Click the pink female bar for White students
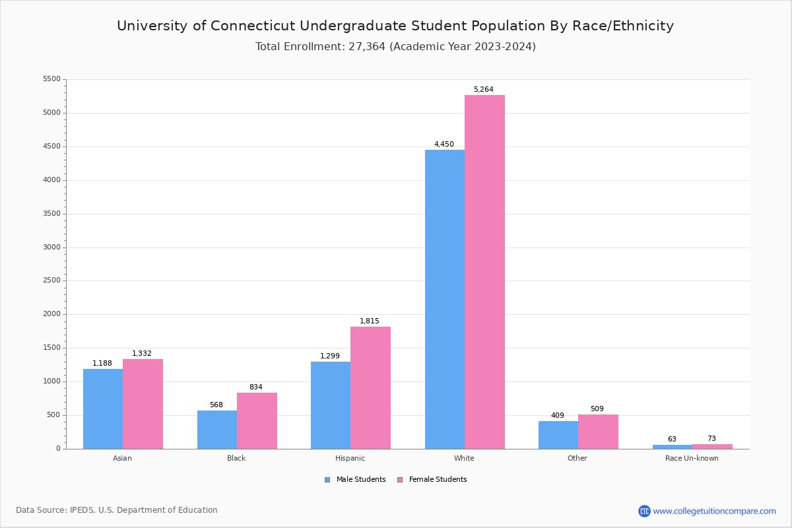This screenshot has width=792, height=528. point(484,272)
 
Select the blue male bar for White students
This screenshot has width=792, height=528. point(445,299)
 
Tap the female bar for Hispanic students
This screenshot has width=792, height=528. point(370,387)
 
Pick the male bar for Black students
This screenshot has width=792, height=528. point(217,430)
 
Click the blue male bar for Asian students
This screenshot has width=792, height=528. point(103,409)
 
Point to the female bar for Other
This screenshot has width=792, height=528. point(598,432)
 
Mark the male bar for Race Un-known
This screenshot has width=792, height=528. point(673,447)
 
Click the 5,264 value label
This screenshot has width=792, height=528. point(483,90)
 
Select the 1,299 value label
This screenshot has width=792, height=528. point(330,356)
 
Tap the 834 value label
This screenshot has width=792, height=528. point(255,387)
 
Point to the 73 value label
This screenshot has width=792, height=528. point(711,439)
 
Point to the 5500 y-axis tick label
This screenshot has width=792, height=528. point(51,79)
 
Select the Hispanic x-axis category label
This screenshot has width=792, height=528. point(350,458)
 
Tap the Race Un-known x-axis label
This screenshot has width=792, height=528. point(692,458)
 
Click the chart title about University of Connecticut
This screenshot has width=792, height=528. point(395,26)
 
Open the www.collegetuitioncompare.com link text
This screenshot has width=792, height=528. point(714,511)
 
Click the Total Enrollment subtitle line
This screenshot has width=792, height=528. point(395,47)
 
